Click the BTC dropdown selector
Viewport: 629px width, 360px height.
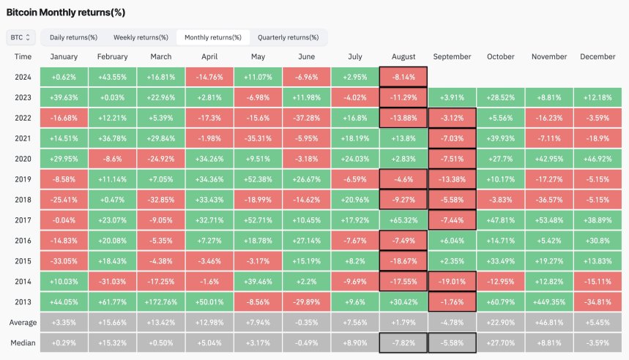[x=21, y=37]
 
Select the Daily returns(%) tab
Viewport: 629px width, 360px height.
[x=74, y=37]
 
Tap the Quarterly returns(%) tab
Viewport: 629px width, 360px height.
[x=288, y=37]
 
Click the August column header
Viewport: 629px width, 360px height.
[x=403, y=56]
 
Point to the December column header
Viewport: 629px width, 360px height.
[x=598, y=56]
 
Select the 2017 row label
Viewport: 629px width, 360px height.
[x=23, y=218]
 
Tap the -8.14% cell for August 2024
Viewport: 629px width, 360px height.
[x=403, y=77]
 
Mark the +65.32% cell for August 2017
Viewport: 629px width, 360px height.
[x=403, y=218]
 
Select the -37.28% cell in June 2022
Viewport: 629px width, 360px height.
[x=306, y=117]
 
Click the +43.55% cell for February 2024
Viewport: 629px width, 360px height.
[x=112, y=77]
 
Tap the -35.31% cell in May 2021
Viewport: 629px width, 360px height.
[x=258, y=138]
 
